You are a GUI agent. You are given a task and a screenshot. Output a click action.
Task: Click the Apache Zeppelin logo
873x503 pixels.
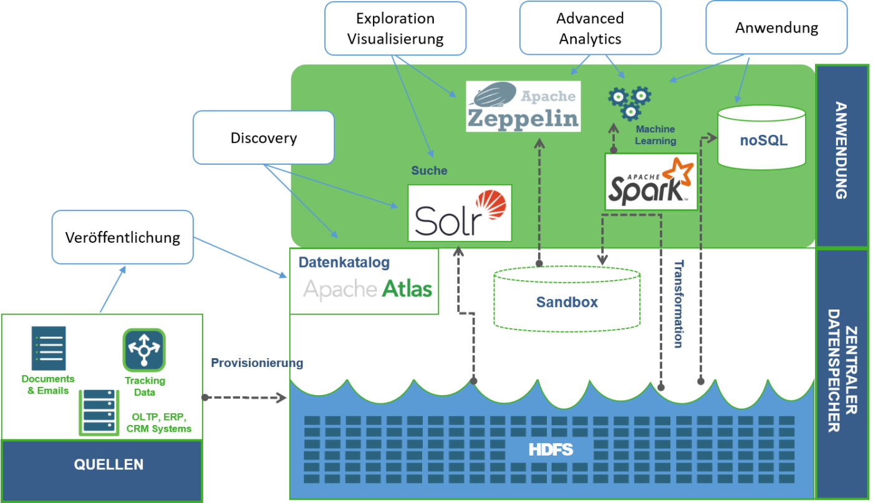pyautogui.click(x=523, y=106)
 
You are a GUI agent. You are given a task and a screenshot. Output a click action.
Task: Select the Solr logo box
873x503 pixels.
pyautogui.click(x=460, y=213)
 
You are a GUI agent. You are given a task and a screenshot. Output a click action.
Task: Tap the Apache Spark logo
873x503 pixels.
pyautogui.click(x=651, y=182)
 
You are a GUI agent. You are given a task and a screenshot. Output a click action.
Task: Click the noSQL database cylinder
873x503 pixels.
pyautogui.click(x=761, y=137)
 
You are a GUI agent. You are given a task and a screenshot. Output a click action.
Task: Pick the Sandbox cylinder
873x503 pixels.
pyautogui.click(x=567, y=299)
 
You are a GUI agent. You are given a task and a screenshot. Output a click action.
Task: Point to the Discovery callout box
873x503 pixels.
pyautogui.click(x=263, y=137)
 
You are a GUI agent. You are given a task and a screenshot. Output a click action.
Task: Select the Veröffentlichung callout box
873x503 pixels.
pyautogui.click(x=122, y=237)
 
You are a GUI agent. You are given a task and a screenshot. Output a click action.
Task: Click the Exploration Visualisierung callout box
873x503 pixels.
pyautogui.click(x=395, y=28)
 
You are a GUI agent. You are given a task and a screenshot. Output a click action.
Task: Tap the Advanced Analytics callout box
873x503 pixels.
pyautogui.click(x=590, y=28)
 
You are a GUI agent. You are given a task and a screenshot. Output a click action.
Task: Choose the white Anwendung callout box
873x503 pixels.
pyautogui.click(x=776, y=27)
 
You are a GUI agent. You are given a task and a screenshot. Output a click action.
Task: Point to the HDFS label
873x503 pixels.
pyautogui.click(x=551, y=449)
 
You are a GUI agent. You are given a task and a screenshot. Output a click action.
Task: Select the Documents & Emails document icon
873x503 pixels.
pyautogui.click(x=48, y=348)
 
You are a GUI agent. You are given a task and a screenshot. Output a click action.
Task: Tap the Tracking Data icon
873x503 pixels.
pyautogui.click(x=144, y=350)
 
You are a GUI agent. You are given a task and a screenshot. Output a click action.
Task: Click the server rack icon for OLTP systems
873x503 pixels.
pyautogui.click(x=99, y=412)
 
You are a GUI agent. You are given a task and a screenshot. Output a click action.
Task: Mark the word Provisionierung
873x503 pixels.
pyautogui.click(x=256, y=363)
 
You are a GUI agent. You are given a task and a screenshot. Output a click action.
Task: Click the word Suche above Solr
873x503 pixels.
pyautogui.click(x=429, y=170)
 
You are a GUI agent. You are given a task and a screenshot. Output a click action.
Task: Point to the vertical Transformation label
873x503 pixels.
pyautogui.click(x=678, y=303)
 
